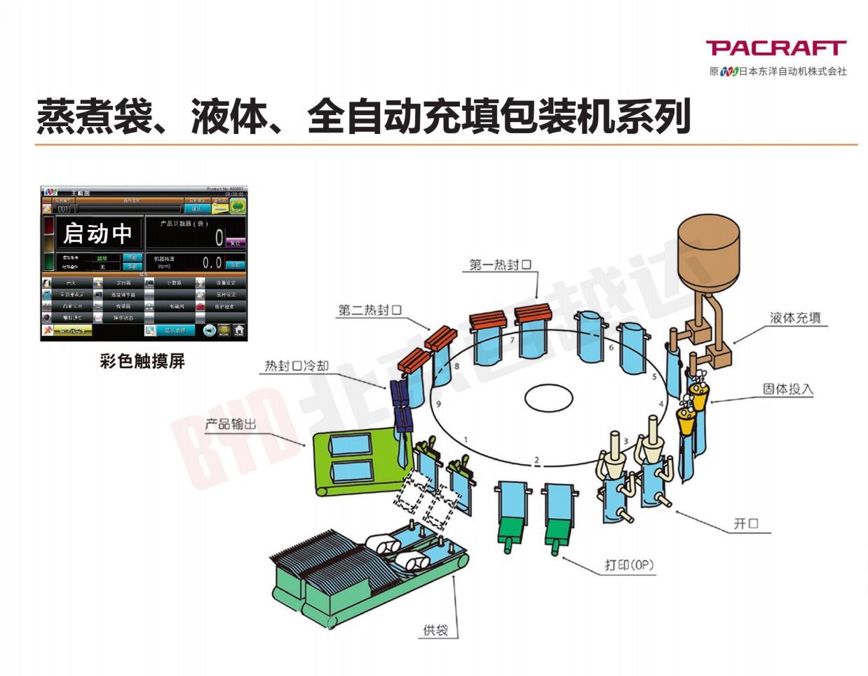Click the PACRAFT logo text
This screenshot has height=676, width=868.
[x=775, y=48]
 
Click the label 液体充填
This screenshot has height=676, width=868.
[x=795, y=318]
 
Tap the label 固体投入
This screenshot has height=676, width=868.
[x=787, y=389]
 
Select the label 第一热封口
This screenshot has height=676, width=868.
[x=500, y=264]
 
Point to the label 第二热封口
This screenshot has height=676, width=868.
[x=370, y=310]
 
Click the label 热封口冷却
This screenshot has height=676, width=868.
[x=296, y=366]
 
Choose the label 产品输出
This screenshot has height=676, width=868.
[x=231, y=424]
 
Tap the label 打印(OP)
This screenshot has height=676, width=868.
[x=629, y=565]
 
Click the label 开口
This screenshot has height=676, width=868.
[x=746, y=523]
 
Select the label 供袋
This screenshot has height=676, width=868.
[x=435, y=630]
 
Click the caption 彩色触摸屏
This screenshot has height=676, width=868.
[x=142, y=361]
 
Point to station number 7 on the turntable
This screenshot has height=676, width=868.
[x=513, y=341]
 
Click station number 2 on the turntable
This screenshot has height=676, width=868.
[x=537, y=461]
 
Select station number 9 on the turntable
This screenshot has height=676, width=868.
[x=439, y=404]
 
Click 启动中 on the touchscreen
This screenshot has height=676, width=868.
[x=97, y=234]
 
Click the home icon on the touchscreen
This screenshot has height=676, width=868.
[x=239, y=330]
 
